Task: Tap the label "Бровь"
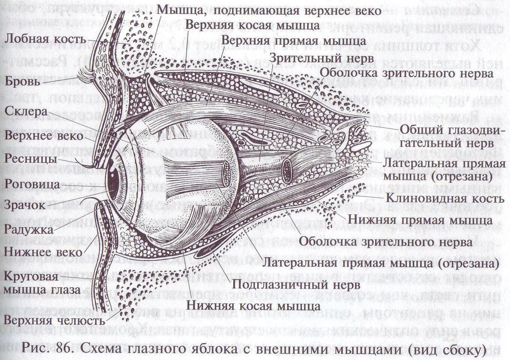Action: pos(22,81)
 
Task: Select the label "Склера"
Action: pos(26,112)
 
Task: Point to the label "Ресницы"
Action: pos(31,159)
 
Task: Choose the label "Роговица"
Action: pos(32,184)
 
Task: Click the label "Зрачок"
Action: pos(25,205)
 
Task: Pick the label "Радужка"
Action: pos(28,228)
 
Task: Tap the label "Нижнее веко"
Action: pos(43,251)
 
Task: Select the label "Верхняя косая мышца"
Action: pos(253,25)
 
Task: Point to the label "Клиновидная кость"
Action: pos(444,198)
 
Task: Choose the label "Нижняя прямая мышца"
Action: pos(420,219)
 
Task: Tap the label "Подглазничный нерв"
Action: pos(296,285)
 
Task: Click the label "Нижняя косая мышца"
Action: pos(254,306)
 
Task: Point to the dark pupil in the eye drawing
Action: pos(112,180)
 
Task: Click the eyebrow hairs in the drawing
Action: pos(87,75)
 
